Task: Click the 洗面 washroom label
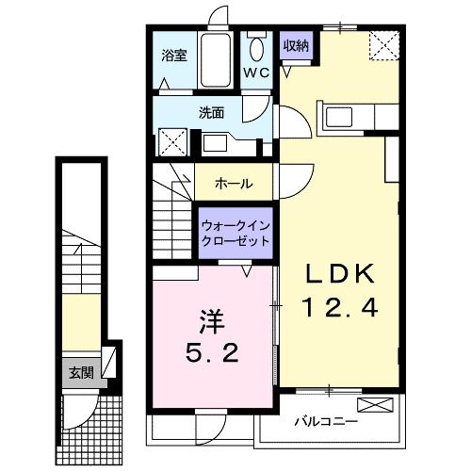[x=210, y=112]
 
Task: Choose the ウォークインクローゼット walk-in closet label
[x=235, y=232]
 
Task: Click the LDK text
[x=338, y=273]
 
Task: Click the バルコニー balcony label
[x=325, y=421]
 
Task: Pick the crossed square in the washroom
[x=171, y=143]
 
